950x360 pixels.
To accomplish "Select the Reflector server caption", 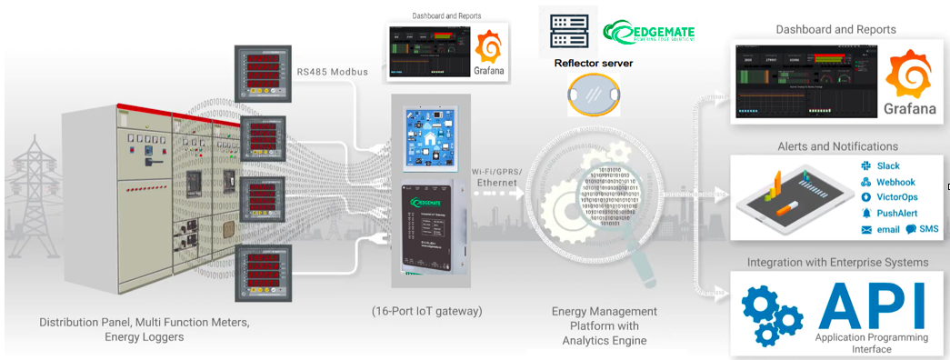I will tap(593, 64).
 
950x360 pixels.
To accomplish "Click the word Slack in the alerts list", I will tap(888, 165).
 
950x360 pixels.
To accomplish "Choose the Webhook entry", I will tap(895, 182).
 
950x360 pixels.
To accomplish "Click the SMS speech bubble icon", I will tap(910, 229).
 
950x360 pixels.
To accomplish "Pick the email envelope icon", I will tap(866, 230).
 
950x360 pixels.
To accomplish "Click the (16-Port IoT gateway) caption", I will tap(426, 311).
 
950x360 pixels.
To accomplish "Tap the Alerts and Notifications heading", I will tap(836, 146).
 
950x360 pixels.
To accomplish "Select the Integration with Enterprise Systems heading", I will tap(837, 263).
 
